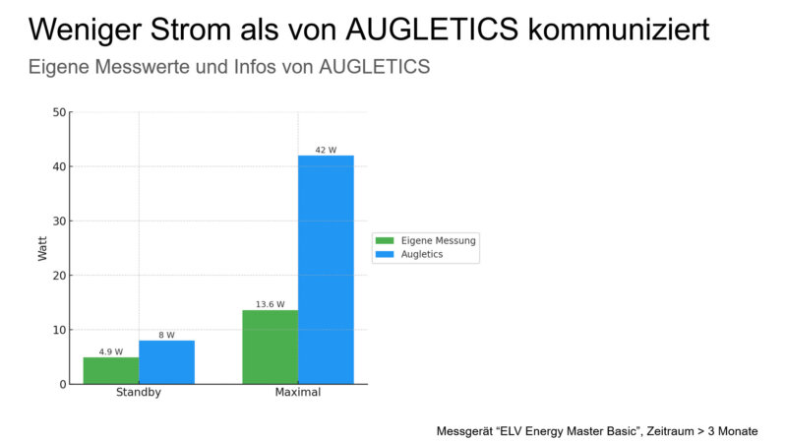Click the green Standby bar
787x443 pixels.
coord(111,370)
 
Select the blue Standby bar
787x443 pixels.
coord(166,362)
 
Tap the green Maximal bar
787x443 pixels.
coord(271,347)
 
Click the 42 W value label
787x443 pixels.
coord(326,150)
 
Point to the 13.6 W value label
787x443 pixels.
coord(271,304)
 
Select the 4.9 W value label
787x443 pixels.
coord(111,351)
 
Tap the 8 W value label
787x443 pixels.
coord(166,335)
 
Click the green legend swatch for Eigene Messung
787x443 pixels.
coord(384,240)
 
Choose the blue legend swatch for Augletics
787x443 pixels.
coord(384,254)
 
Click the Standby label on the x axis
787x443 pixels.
coord(139,393)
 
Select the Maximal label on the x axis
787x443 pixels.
coord(297,393)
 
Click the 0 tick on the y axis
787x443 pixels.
coord(62,384)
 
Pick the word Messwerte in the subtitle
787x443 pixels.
coord(147,68)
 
